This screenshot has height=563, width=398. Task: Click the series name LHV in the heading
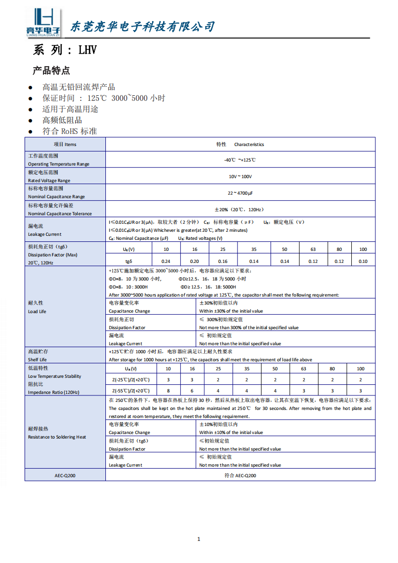click(87, 50)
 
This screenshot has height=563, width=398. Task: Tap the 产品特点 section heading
click(51, 70)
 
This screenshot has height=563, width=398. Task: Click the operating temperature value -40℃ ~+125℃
click(240, 160)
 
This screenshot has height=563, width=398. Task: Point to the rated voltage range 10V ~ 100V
click(240, 176)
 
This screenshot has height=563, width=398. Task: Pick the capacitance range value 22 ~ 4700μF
click(240, 193)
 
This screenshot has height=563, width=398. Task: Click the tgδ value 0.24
click(166, 261)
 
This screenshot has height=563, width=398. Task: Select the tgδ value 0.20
click(194, 261)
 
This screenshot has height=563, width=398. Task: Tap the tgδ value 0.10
click(363, 261)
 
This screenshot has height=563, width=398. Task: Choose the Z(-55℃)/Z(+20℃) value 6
click(192, 390)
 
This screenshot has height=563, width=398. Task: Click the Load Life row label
click(37, 311)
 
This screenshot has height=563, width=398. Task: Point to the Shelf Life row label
click(37, 359)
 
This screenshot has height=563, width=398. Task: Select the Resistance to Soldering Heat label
click(57, 437)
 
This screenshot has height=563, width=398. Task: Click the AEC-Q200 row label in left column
click(65, 475)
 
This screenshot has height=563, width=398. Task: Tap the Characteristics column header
click(249, 145)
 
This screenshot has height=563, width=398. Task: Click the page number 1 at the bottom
click(199, 539)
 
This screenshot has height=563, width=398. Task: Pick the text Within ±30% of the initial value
click(231, 311)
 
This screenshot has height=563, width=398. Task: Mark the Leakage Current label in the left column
click(45, 234)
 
